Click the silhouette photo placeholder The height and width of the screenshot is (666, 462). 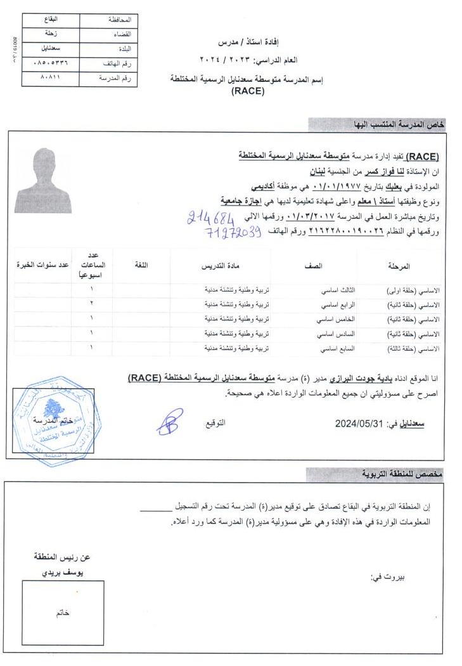point(42,181)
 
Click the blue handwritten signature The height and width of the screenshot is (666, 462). point(169,421)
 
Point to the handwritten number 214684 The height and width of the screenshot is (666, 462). point(208,219)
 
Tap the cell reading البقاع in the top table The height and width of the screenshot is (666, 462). point(50,20)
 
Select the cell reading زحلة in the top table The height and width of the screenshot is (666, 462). point(50,34)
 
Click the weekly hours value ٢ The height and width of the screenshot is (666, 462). point(92,304)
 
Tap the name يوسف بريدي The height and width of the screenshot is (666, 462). point(62,572)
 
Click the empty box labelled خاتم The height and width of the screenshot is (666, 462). point(62,613)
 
